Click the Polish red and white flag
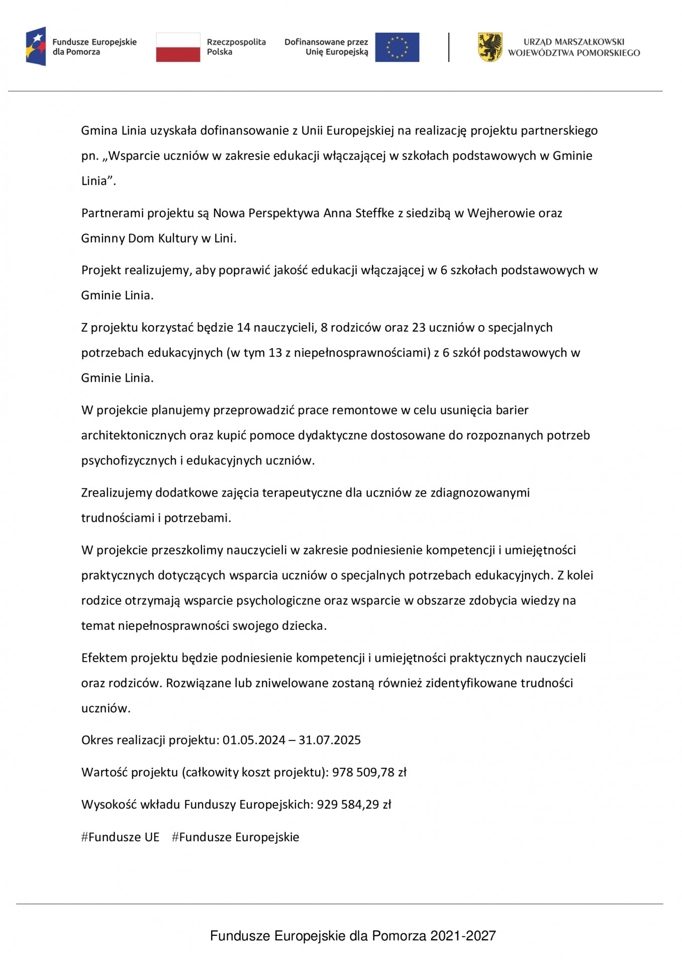pyautogui.click(x=178, y=47)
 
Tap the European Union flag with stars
pyautogui.click(x=397, y=47)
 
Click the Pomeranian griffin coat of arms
pyautogui.click(x=490, y=47)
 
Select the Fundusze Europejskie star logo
pyautogui.click(x=36, y=46)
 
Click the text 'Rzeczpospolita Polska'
pyautogui.click(x=236, y=47)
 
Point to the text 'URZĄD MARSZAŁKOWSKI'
pyautogui.click(x=574, y=42)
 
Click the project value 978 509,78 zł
pyautogui.click(x=369, y=772)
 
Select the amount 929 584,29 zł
pyautogui.click(x=354, y=804)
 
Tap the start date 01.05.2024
pyautogui.click(x=254, y=740)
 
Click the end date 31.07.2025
pyautogui.click(x=330, y=740)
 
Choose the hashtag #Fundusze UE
pyautogui.click(x=120, y=837)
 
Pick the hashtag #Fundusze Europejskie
pyautogui.click(x=235, y=837)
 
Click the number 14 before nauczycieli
pyautogui.click(x=243, y=328)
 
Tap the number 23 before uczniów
pyautogui.click(x=419, y=328)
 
